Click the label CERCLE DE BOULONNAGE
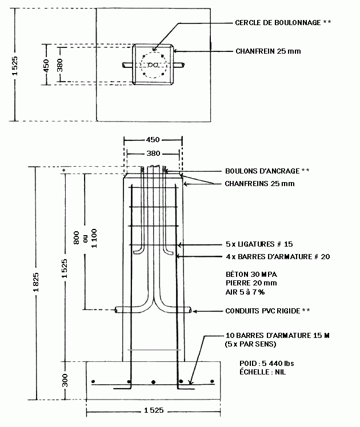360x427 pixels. click(x=278, y=23)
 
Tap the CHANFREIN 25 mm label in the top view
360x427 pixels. click(x=268, y=51)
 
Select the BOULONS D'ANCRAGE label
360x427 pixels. click(x=262, y=171)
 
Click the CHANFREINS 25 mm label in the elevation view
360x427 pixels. click(x=259, y=184)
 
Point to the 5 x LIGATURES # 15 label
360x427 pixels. click(x=259, y=244)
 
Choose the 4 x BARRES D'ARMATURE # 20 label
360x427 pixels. click(x=278, y=256)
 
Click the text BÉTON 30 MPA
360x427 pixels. click(x=251, y=274)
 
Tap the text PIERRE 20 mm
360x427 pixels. click(x=251, y=283)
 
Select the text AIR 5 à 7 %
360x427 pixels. click(x=245, y=292)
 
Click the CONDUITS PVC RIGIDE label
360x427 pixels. click(x=263, y=311)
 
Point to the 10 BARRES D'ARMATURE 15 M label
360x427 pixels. click(x=277, y=336)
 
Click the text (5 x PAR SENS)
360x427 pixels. click(x=251, y=344)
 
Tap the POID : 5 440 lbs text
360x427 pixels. click(x=267, y=363)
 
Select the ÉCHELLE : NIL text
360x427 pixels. click(x=263, y=372)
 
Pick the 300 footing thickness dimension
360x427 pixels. click(x=65, y=380)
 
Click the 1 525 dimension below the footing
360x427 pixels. click(x=154, y=410)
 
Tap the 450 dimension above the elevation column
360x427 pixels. click(x=153, y=140)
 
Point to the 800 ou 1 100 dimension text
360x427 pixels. click(x=85, y=238)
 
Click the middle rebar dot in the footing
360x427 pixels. click(x=154, y=382)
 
